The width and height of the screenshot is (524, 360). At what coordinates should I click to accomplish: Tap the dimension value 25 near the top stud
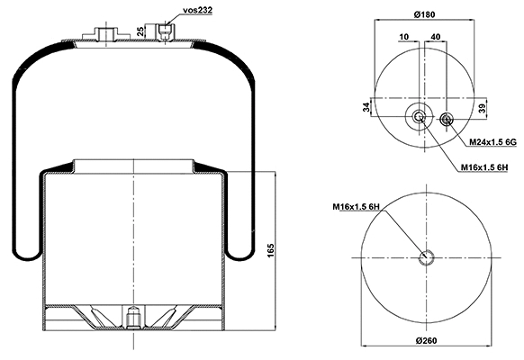(x=141, y=31)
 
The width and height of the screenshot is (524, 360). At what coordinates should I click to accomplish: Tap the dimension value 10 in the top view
(x=402, y=36)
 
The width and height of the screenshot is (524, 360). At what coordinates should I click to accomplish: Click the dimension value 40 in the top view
(x=437, y=36)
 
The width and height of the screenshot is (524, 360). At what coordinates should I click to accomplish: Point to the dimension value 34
(x=367, y=108)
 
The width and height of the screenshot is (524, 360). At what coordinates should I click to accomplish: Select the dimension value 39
(x=483, y=109)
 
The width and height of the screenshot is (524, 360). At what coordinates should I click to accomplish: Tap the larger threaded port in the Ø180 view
(x=420, y=119)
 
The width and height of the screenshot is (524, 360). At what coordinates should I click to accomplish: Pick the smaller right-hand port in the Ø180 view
(x=448, y=119)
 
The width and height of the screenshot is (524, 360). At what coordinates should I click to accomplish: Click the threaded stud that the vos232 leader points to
(x=163, y=32)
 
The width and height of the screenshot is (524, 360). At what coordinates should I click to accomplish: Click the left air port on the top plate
(x=104, y=35)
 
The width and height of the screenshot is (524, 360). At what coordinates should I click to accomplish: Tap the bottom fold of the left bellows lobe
(x=28, y=253)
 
